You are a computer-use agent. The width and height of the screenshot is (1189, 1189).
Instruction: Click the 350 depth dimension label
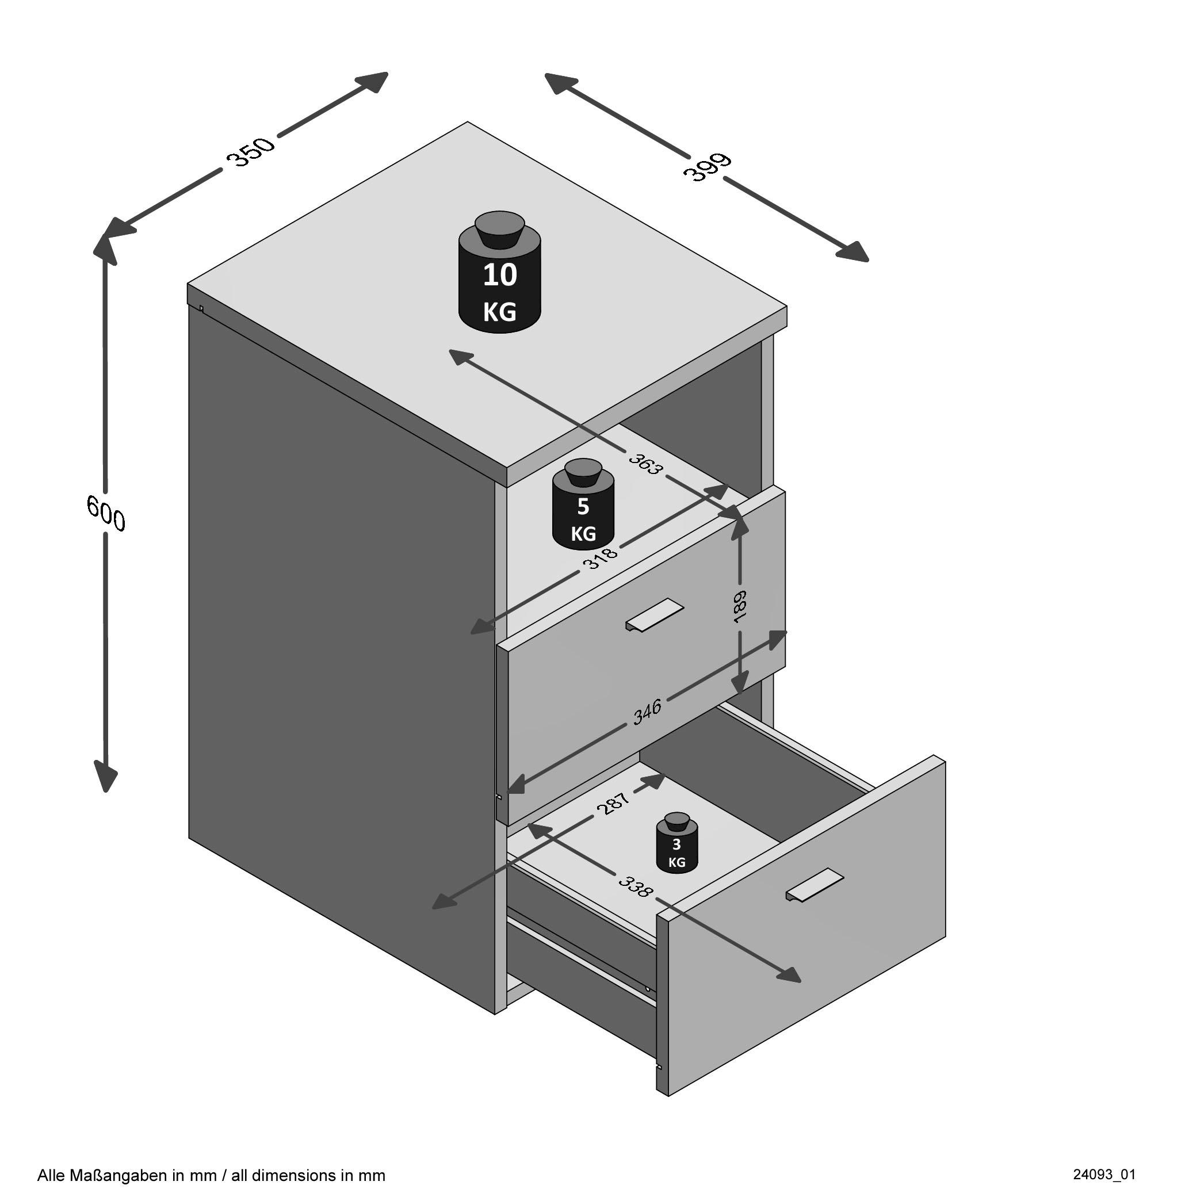pyautogui.click(x=250, y=152)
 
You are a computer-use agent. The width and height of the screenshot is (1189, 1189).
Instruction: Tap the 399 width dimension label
pyautogui.click(x=707, y=167)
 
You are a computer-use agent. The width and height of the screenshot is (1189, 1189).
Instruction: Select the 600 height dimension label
pyautogui.click(x=106, y=513)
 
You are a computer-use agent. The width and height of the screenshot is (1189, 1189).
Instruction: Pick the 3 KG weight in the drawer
pyautogui.click(x=676, y=847)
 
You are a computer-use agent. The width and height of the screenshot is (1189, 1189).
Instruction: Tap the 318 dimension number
pyautogui.click(x=601, y=557)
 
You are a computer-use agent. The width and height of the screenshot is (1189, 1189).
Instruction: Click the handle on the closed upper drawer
pyautogui.click(x=654, y=614)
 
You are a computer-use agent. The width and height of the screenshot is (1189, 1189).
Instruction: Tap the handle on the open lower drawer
pyautogui.click(x=814, y=885)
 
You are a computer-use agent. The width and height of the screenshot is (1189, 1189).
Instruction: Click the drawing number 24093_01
pyautogui.click(x=1104, y=1174)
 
